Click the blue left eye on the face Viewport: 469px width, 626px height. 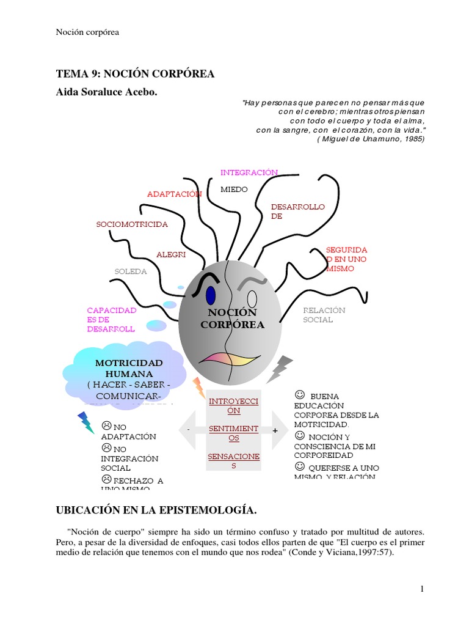(x=211, y=295)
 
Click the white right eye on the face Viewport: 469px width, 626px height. (x=252, y=299)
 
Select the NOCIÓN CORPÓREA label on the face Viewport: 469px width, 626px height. (x=232, y=319)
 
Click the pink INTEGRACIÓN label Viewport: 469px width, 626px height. (x=249, y=173)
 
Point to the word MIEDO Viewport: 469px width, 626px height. (x=234, y=190)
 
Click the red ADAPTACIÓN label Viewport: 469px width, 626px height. (x=174, y=194)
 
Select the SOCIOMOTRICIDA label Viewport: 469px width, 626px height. (x=132, y=224)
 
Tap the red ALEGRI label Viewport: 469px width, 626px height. (x=171, y=254)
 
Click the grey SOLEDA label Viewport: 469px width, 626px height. (x=131, y=271)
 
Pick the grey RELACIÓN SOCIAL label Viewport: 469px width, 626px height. (x=324, y=315)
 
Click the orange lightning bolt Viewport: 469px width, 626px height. (x=198, y=387)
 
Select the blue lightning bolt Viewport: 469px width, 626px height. (x=85, y=422)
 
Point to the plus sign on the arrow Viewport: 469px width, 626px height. (x=275, y=430)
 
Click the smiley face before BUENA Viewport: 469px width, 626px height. (x=299, y=395)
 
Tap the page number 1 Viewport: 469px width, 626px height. (x=421, y=588)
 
